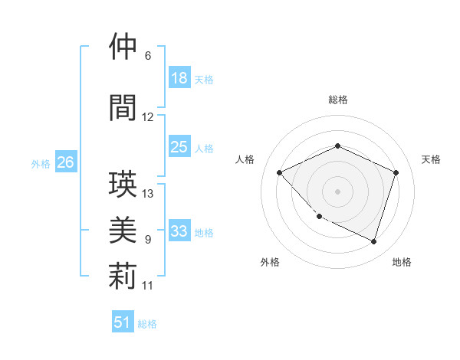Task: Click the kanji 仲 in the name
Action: click(123, 47)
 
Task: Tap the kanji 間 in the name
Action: click(123, 108)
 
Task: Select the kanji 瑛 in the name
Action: click(123, 185)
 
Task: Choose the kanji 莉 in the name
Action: click(123, 277)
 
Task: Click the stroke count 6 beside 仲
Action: click(147, 56)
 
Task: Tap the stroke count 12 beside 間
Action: click(148, 117)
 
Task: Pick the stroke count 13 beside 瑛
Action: click(148, 193)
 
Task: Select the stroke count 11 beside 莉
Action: click(148, 286)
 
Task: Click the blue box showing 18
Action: click(179, 78)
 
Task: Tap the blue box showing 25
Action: click(179, 147)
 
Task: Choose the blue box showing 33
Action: click(179, 231)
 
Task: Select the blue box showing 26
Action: click(66, 162)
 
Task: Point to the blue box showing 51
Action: click(123, 322)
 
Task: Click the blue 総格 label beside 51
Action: click(147, 324)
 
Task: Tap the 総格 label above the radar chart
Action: click(337, 100)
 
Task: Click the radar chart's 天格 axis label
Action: click(431, 159)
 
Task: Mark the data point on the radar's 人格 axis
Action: click(280, 172)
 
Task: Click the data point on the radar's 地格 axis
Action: click(373, 241)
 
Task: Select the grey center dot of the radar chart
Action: click(337, 191)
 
